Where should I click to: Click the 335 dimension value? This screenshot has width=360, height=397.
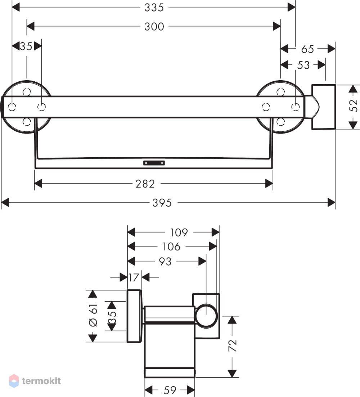(x=154, y=8)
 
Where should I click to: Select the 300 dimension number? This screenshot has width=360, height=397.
(x=154, y=27)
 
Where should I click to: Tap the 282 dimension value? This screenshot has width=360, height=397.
(x=145, y=184)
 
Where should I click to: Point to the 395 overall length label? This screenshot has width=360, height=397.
(x=162, y=203)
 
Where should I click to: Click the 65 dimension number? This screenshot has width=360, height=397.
(x=307, y=49)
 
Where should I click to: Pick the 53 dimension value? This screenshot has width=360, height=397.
(x=303, y=65)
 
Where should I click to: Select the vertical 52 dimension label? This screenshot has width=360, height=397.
(x=353, y=105)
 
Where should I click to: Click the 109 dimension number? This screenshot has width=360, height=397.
(x=179, y=233)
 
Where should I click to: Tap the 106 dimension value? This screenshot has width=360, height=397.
(x=171, y=247)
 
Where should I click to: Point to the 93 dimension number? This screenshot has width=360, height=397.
(x=165, y=262)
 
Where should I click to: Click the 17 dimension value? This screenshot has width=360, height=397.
(x=134, y=278)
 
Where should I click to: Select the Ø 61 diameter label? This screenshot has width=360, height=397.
(x=93, y=315)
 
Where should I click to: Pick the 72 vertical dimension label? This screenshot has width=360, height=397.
(x=233, y=345)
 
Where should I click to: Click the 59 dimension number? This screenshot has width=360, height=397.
(x=170, y=390)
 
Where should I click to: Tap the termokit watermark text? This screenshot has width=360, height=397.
(x=41, y=381)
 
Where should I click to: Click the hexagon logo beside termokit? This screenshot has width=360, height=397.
(x=14, y=381)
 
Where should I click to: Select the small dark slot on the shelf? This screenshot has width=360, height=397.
(x=154, y=163)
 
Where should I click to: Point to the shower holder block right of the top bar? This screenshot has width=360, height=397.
(x=323, y=107)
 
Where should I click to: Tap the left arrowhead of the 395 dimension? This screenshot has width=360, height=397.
(x=5, y=203)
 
